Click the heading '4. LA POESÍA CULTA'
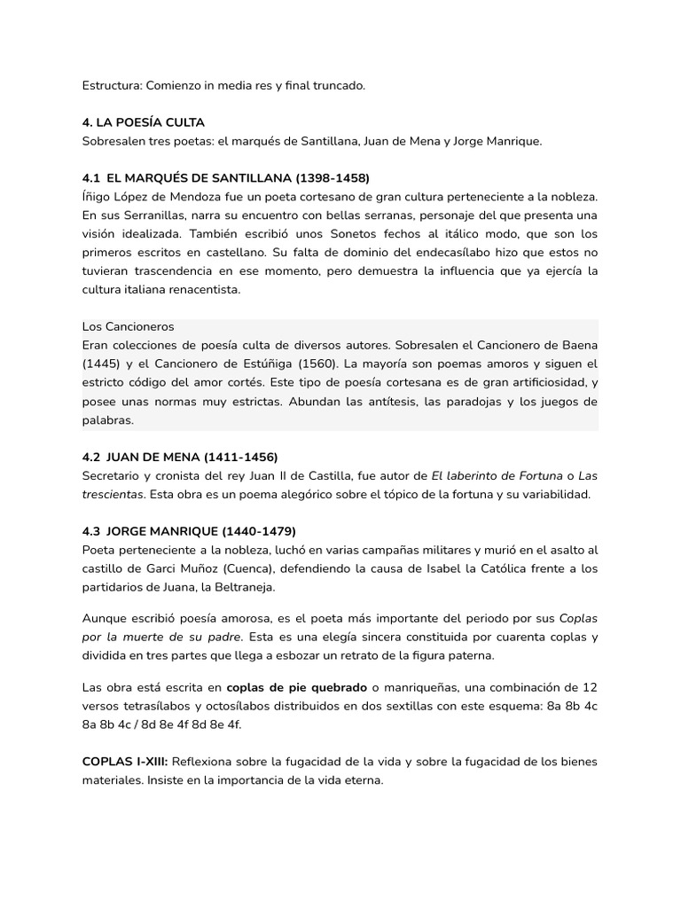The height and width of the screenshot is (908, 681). (x=143, y=122)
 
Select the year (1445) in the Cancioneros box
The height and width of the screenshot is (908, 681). (x=106, y=364)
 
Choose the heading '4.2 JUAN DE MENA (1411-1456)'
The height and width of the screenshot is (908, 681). (x=179, y=458)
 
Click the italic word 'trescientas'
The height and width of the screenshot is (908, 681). (x=113, y=494)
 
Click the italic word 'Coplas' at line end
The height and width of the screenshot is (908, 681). (x=578, y=618)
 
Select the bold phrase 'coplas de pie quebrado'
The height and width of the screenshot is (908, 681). (x=296, y=686)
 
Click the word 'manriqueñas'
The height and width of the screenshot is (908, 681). (x=422, y=686)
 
